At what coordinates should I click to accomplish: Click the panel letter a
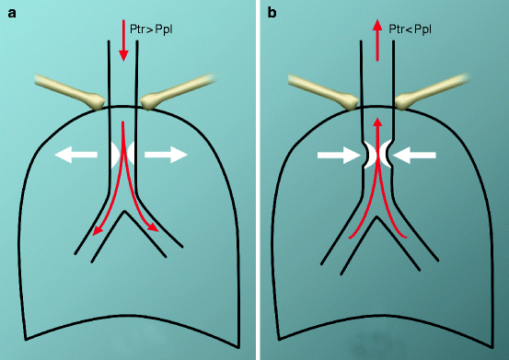12,13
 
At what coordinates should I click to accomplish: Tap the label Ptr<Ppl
413,29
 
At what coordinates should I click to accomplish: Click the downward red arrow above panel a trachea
123,33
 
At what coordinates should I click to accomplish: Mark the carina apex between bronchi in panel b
377,224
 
